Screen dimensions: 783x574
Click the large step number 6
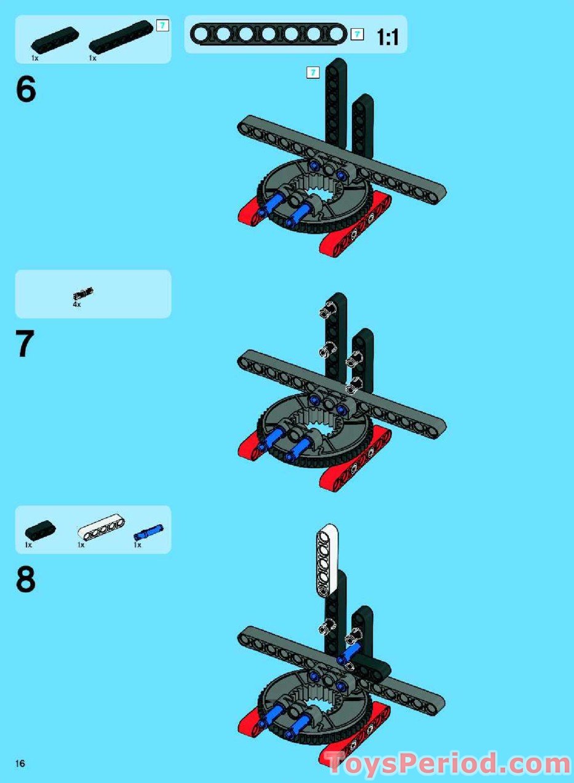coord(26,90)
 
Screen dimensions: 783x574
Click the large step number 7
coord(25,344)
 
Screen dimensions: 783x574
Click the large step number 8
coord(26,579)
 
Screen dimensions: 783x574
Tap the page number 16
coord(20,763)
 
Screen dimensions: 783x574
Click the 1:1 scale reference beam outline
coord(269,34)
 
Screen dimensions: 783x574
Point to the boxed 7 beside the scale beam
coord(357,34)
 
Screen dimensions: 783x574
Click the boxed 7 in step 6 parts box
coord(162,26)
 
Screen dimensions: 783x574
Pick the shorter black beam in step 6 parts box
coord(55,41)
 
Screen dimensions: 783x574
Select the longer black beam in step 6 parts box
coord(121,36)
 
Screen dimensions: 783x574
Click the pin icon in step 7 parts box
coord(83,294)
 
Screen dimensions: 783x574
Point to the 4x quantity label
coord(76,304)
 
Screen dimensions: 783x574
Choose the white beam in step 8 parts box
coord(101,528)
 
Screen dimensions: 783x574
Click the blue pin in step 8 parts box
coord(149,531)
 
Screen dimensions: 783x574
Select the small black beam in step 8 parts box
coord(40,528)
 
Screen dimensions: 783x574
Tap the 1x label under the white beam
coord(81,545)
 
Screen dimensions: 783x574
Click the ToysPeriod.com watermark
coord(448,764)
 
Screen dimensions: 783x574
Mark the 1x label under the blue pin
coord(137,545)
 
